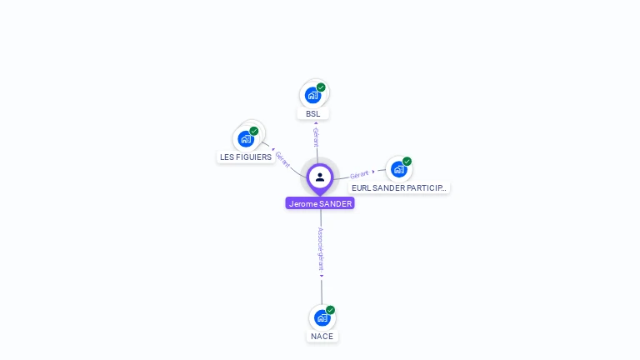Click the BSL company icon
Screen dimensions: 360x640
coord(312,94)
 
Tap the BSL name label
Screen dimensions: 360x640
coord(312,114)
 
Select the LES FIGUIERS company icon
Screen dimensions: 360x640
coord(246,138)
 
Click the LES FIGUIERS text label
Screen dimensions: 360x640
coord(246,157)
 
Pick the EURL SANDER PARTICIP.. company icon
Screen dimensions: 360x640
coord(398,169)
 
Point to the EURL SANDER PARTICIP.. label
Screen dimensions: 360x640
coord(399,188)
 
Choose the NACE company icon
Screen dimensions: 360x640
coord(322,317)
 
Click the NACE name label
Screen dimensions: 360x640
coord(322,337)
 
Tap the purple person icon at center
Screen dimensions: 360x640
coord(320,177)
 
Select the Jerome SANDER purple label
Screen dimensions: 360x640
coord(320,203)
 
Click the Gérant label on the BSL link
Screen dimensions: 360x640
coord(316,136)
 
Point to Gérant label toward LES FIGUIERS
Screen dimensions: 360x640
coord(283,160)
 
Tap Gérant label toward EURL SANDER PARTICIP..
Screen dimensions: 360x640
coord(360,174)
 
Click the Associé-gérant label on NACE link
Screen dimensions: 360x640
coord(321,248)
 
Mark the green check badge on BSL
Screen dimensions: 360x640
coord(321,87)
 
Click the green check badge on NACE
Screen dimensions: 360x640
coord(330,310)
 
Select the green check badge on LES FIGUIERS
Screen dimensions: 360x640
coord(254,131)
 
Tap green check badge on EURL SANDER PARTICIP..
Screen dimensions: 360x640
coord(407,162)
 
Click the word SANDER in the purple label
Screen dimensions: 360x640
coord(336,203)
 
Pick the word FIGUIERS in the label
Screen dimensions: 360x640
coord(254,157)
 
